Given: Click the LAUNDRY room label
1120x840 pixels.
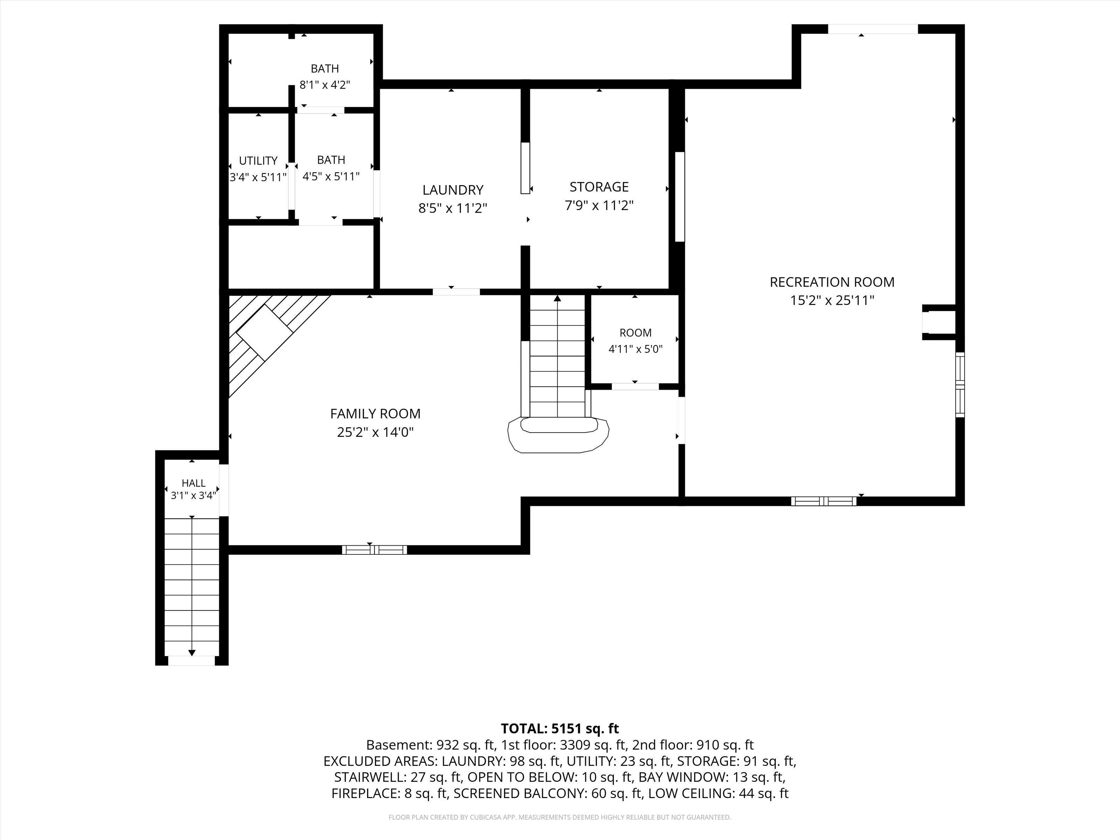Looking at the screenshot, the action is [453, 190].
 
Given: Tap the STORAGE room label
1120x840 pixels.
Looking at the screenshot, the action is [599, 187].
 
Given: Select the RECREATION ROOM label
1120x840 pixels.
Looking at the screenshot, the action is [832, 282].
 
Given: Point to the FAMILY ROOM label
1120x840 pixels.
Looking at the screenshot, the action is [375, 414].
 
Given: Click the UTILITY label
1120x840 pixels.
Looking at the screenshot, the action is [258, 161].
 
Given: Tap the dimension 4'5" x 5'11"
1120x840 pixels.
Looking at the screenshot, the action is [331, 176].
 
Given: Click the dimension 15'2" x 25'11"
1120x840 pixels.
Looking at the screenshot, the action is [832, 300].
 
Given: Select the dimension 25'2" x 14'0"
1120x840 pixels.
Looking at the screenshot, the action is [375, 432].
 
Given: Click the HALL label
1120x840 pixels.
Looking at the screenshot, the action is [194, 483].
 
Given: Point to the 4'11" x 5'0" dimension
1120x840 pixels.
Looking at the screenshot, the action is [636, 349].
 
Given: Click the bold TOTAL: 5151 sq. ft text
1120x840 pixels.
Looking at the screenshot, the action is [560, 729].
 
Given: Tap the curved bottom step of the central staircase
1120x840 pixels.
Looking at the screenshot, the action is [558, 435].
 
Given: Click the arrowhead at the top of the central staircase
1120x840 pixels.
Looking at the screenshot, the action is [558, 298].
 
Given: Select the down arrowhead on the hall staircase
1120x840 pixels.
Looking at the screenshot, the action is [192, 653].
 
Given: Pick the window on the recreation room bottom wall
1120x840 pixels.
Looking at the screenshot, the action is [824, 501].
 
